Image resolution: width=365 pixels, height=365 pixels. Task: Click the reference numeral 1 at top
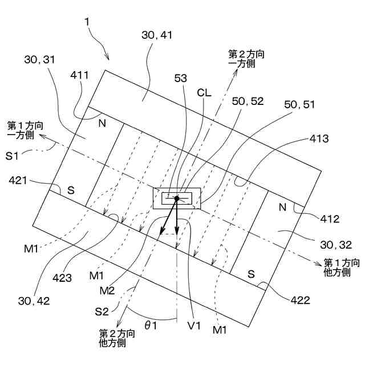click(x=87, y=22)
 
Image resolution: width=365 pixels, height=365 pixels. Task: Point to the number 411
click(x=79, y=75)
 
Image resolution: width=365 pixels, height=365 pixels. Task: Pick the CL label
click(x=204, y=92)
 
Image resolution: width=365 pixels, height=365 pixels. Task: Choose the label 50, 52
click(x=248, y=101)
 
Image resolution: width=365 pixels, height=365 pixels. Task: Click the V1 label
click(x=194, y=325)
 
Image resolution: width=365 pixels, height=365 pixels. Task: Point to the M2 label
click(x=108, y=291)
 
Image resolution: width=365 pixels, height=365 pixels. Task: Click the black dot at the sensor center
click(x=177, y=198)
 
